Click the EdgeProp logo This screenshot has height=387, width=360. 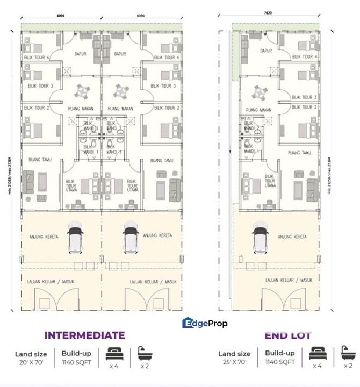pos(205,323)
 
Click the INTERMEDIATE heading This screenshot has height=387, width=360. pos(84,335)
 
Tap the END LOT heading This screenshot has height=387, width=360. pos(288,335)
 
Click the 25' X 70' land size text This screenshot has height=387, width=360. pos(234,362)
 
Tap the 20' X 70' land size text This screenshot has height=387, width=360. pos(31,362)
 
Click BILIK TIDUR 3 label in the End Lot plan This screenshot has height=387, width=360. pos(304,97)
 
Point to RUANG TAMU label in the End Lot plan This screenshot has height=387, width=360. pos(300,153)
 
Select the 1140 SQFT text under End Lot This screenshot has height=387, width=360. pos(279,362)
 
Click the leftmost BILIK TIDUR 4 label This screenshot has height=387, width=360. pos(37,58)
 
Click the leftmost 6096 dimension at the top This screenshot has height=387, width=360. pos(61,16)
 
